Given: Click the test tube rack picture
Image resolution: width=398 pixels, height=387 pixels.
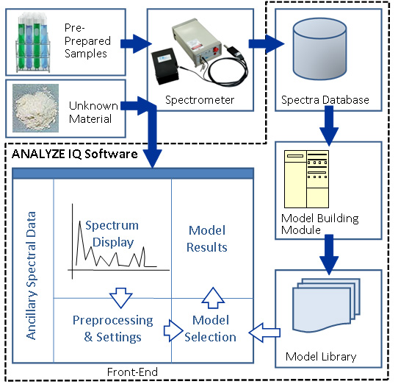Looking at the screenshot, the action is pyautogui.click(x=33, y=43).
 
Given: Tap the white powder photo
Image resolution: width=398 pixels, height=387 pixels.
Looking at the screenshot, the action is pyautogui.click(x=35, y=108).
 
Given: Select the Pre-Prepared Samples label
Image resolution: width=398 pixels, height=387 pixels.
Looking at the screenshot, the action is pyautogui.click(x=87, y=40).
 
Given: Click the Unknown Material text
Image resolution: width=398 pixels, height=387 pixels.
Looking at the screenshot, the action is pyautogui.click(x=93, y=113).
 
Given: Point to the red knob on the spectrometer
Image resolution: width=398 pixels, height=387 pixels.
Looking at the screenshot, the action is pyautogui.click(x=216, y=49).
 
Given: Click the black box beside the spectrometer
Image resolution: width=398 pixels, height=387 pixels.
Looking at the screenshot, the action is pyautogui.click(x=165, y=65).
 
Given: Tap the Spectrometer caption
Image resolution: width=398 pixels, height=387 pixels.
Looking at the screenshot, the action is pyautogui.click(x=200, y=100).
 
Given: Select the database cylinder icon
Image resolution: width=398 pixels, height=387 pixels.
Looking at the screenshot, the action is pyautogui.click(x=319, y=49).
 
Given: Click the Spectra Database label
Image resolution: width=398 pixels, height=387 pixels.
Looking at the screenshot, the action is pyautogui.click(x=325, y=100).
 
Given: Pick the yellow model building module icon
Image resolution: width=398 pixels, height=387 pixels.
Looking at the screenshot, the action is pyautogui.click(x=307, y=179).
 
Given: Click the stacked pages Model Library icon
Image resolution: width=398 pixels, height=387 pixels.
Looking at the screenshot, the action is pyautogui.click(x=327, y=305).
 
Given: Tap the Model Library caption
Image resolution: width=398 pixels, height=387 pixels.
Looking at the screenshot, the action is pyautogui.click(x=321, y=357).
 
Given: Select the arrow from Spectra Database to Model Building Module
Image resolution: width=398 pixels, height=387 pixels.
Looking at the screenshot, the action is pyautogui.click(x=329, y=126).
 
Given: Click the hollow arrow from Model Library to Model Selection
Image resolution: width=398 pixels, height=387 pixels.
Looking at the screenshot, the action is pyautogui.click(x=264, y=333).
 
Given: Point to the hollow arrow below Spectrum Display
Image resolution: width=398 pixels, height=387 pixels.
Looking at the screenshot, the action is pyautogui.click(x=121, y=298).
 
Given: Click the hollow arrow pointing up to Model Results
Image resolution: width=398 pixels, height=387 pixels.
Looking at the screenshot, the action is pyautogui.click(x=213, y=298).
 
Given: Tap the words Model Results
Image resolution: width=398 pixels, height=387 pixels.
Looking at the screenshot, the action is pyautogui.click(x=207, y=239).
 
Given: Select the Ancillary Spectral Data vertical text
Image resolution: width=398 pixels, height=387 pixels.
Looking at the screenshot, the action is pyautogui.click(x=32, y=276).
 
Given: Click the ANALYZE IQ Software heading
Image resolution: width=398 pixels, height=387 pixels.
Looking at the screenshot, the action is pyautogui.click(x=75, y=154).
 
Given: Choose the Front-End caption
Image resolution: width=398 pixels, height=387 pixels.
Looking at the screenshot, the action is pyautogui.click(x=132, y=372).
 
